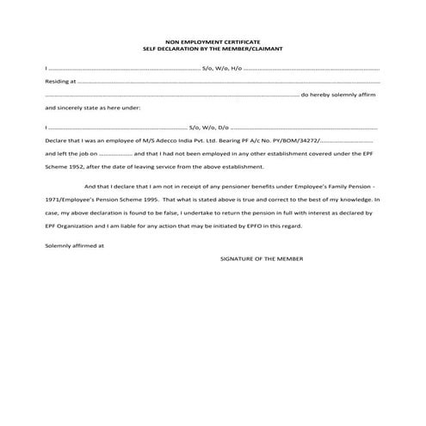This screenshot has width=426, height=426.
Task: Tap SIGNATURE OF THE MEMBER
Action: pos(262,258)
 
